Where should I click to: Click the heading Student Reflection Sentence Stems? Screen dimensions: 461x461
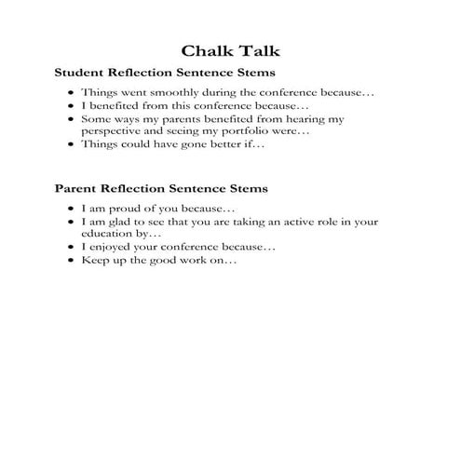pyautogui.click(x=165, y=72)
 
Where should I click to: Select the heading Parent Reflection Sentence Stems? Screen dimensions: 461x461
pyautogui.click(x=161, y=188)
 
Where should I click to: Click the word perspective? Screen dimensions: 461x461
pyautogui.click(x=116, y=132)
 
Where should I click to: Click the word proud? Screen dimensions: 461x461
pyautogui.click(x=128, y=210)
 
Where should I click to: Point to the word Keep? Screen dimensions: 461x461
pyautogui.click(x=94, y=262)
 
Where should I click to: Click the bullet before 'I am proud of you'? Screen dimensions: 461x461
pyautogui.click(x=72, y=210)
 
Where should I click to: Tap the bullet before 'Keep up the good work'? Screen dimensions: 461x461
pyautogui.click(x=72, y=262)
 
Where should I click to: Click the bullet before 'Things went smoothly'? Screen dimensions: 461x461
pyautogui.click(x=72, y=94)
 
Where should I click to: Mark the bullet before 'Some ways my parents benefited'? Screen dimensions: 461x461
pyautogui.click(x=72, y=120)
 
